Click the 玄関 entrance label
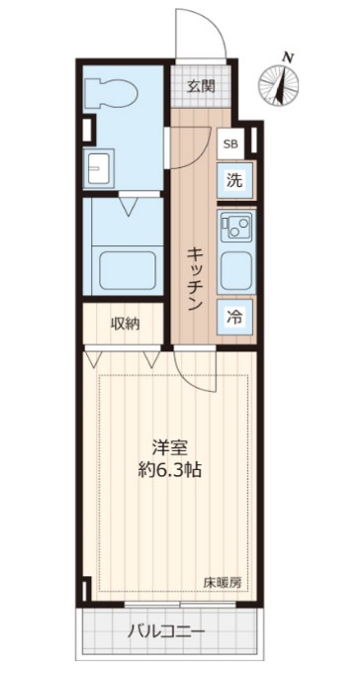tap(201, 86)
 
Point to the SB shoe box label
tap(230, 144)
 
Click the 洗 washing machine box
tap(233, 181)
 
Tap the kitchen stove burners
tap(235, 229)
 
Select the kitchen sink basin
tap(235, 269)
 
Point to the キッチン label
tap(195, 277)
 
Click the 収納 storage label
tap(125, 323)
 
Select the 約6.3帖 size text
tap(169, 471)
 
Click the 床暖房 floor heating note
tap(223, 582)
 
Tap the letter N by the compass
tap(287, 56)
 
